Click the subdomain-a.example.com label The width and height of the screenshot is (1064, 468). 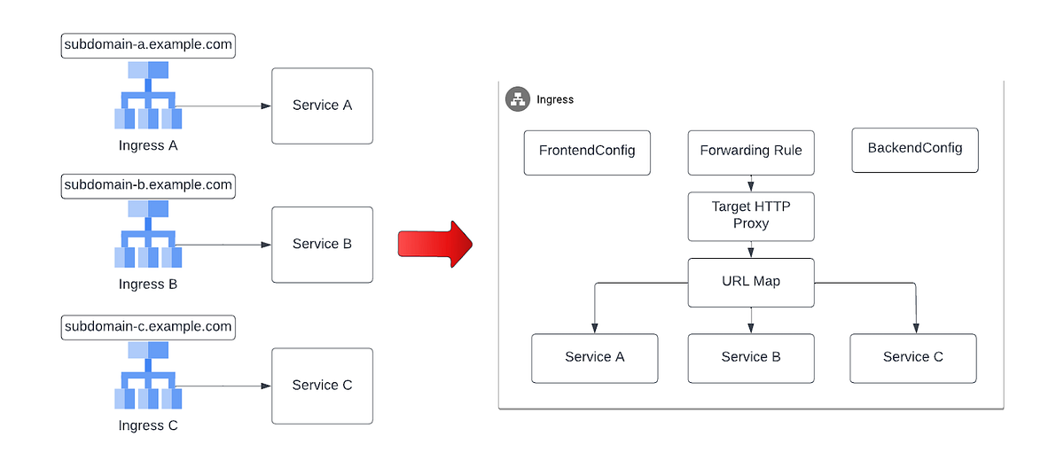(148, 45)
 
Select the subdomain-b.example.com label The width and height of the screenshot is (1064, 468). (148, 185)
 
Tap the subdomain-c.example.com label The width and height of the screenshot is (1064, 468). (148, 326)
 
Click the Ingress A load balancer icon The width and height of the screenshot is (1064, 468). (148, 96)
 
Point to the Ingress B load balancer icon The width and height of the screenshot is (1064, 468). (148, 235)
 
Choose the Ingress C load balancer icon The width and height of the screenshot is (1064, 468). (148, 376)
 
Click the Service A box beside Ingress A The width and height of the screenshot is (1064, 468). (322, 105)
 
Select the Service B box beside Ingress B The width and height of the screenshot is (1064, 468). (322, 245)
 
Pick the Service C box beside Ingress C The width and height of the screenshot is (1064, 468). (322, 385)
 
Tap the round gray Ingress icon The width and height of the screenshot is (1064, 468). (518, 99)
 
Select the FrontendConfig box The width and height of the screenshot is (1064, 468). (587, 151)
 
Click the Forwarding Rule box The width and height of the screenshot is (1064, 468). (751, 151)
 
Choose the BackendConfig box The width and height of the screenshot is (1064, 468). (914, 149)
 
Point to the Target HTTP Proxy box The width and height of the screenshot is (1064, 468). (751, 215)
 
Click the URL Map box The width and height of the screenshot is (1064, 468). (751, 282)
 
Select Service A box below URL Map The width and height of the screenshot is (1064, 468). (595, 357)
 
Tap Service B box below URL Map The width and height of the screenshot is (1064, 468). (751, 357)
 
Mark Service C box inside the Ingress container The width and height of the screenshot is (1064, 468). (912, 357)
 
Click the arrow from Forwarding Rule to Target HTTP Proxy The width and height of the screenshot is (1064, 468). (751, 183)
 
